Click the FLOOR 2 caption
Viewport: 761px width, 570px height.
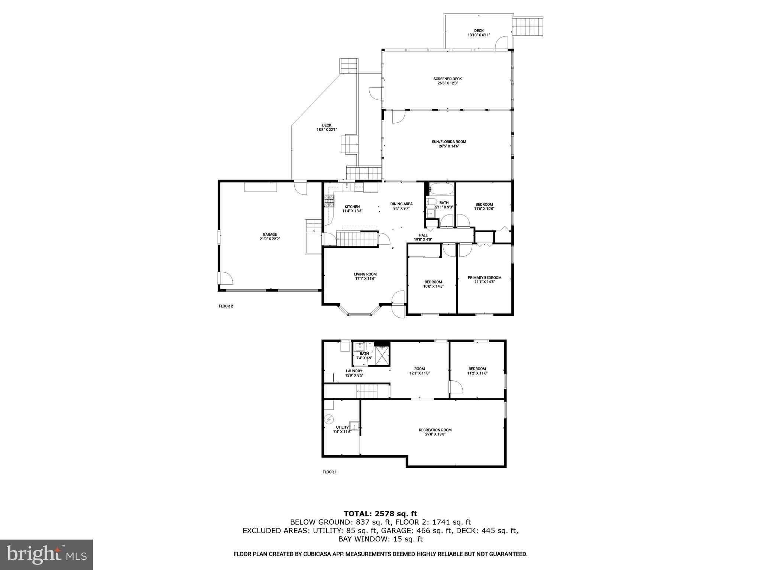click(226, 306)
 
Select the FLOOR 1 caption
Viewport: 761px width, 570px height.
click(329, 472)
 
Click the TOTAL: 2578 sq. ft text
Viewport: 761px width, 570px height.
click(380, 514)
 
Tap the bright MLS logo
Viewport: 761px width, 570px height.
click(46, 555)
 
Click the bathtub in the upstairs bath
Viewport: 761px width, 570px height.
click(441, 189)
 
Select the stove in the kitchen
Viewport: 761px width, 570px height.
click(329, 201)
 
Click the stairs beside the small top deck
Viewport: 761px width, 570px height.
click(528, 26)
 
